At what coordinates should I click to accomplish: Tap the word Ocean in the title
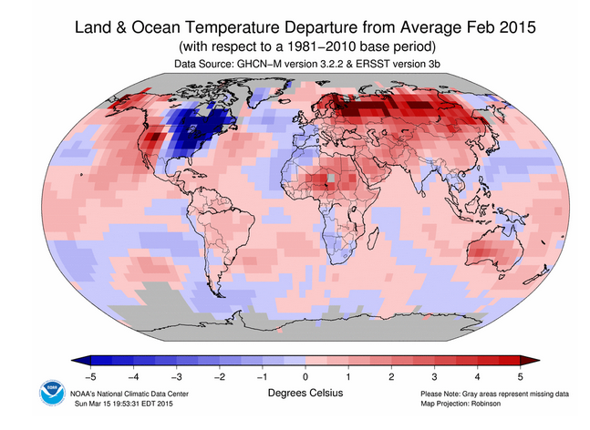pyautogui.click(x=155, y=27)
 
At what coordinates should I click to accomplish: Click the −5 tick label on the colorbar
pyautogui.click(x=89, y=376)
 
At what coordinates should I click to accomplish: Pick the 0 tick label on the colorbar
pyautogui.click(x=305, y=376)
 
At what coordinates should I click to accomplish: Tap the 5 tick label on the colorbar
pyautogui.click(x=521, y=376)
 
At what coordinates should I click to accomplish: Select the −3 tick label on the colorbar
pyautogui.click(x=175, y=376)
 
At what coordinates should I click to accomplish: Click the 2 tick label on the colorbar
pyautogui.click(x=391, y=376)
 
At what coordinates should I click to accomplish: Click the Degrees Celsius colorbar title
pyautogui.click(x=305, y=394)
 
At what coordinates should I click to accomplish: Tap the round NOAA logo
pyautogui.click(x=52, y=393)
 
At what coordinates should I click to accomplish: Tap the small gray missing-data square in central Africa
pyautogui.click(x=331, y=178)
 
